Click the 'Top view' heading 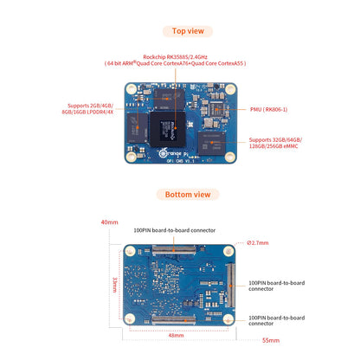(188, 30)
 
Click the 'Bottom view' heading (188, 194)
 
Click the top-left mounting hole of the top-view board (130, 89)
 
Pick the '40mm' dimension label (108, 222)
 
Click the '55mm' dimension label (271, 340)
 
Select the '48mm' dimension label (176, 335)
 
